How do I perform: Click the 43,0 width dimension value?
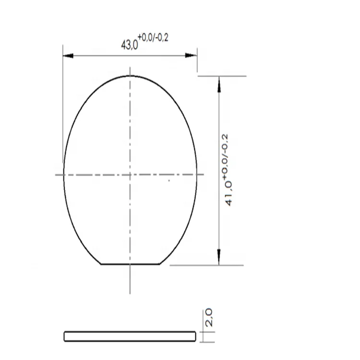tap(129, 45)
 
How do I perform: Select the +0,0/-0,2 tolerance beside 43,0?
tap(153, 38)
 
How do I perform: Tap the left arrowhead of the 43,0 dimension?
tap(68, 56)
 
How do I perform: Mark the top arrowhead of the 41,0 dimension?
tap(219, 81)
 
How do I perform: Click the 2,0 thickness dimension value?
tap(209, 318)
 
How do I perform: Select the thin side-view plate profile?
tap(130, 336)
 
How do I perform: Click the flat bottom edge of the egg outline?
tap(130, 264)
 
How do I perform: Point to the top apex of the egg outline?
tap(130, 75)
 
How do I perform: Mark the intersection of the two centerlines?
tap(130, 174)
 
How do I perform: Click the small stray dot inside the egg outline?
tap(168, 180)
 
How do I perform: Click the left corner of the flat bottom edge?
tap(101, 264)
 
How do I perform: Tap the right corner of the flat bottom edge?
tap(159, 264)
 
